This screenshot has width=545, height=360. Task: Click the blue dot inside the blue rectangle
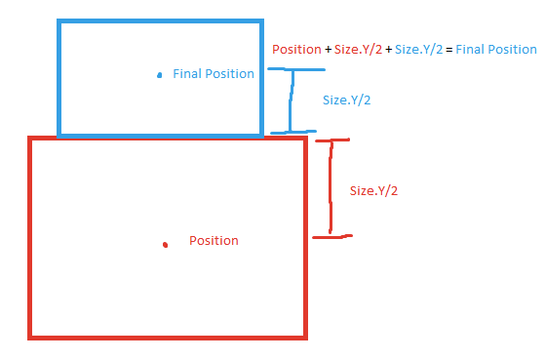click(159, 74)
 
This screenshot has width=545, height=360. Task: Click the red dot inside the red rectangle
click(166, 244)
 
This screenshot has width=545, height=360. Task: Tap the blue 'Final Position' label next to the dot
click(213, 74)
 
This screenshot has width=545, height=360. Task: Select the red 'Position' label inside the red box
click(214, 240)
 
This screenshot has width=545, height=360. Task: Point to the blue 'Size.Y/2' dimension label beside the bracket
click(346, 100)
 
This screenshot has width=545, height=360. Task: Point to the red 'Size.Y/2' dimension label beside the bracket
click(373, 191)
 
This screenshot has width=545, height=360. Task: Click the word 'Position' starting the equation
click(295, 50)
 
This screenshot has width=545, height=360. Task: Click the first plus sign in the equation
click(327, 50)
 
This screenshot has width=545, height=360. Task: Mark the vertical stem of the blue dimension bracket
click(288, 100)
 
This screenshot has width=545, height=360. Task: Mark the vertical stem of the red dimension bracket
click(331, 187)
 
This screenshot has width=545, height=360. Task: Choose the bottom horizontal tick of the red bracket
click(331, 235)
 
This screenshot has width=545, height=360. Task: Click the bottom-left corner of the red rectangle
click(31, 337)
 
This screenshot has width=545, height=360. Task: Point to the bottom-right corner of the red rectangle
click(305, 337)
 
